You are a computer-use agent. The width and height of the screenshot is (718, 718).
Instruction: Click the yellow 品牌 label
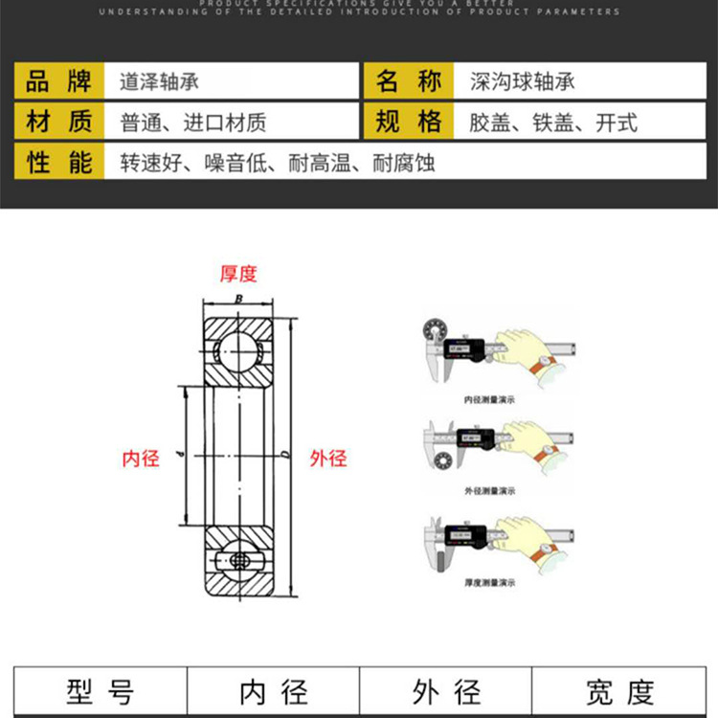[59, 80]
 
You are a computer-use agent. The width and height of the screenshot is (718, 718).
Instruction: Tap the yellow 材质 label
[59, 122]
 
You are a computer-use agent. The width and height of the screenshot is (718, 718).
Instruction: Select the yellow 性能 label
[59, 163]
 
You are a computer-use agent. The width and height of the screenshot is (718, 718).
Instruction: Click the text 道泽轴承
[160, 81]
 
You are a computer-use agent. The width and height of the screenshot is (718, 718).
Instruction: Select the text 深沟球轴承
[523, 81]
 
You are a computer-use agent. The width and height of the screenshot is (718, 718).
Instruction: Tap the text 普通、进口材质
[191, 123]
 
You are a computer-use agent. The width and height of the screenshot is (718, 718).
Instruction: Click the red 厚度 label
[238, 274]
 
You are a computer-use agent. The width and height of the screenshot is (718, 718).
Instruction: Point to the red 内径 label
[141, 458]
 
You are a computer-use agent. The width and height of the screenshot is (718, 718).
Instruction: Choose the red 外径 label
[328, 458]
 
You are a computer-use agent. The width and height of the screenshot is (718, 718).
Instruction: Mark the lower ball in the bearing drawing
[236, 559]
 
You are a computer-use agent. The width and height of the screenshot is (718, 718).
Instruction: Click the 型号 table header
[100, 691]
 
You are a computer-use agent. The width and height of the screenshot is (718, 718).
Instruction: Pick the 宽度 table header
[619, 691]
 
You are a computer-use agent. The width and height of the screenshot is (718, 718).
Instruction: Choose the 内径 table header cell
[273, 691]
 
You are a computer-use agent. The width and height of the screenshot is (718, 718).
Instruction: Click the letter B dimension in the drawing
[238, 300]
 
